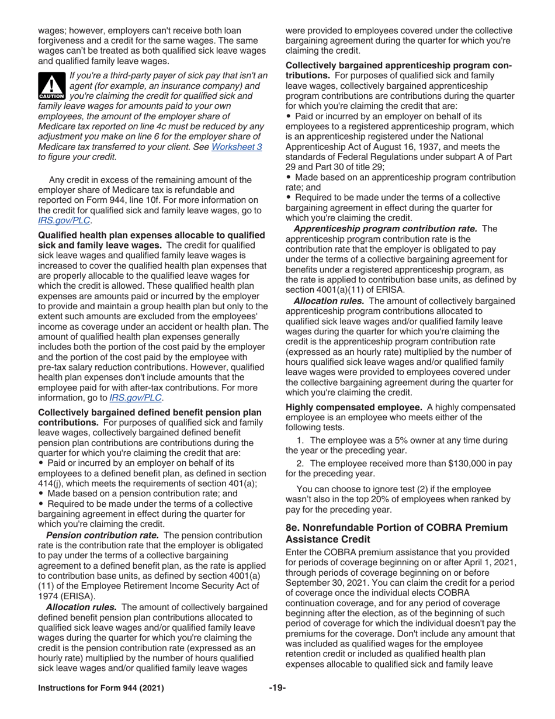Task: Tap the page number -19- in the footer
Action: pyautogui.click(x=277, y=700)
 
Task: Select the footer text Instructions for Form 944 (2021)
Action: pyautogui.click(x=101, y=700)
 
